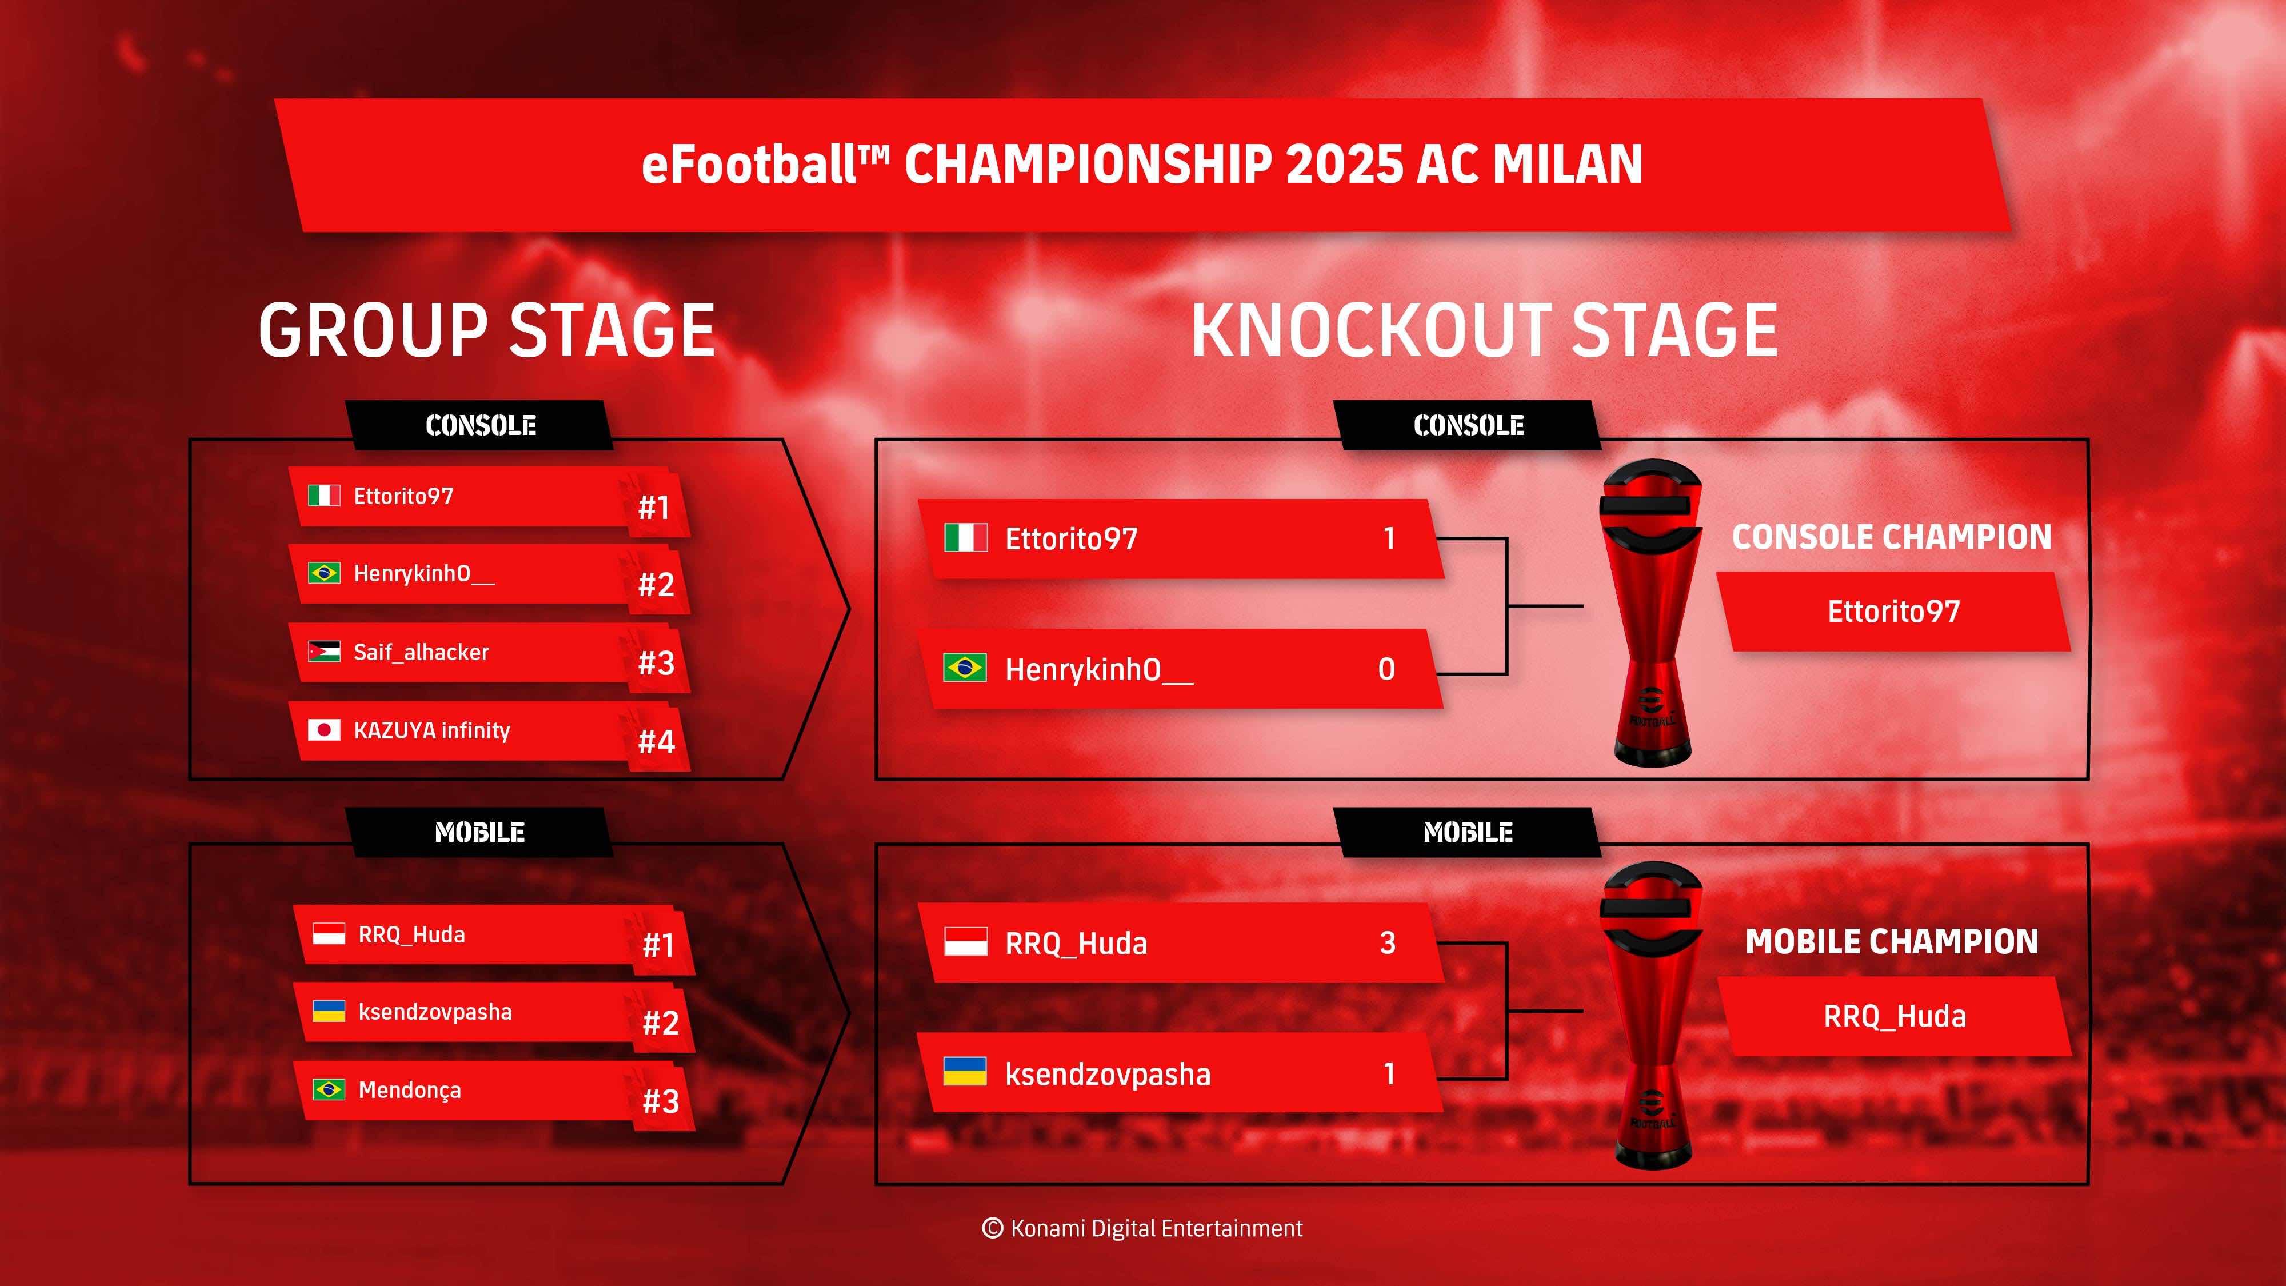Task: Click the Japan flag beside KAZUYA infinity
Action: coord(324,729)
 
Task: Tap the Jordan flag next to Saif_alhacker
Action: coord(324,652)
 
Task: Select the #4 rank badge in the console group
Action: coord(657,741)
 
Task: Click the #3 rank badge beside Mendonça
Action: coord(661,1100)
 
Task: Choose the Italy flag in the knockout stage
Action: coord(965,538)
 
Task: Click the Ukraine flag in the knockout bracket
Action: coord(965,1072)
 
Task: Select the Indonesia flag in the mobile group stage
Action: coord(329,934)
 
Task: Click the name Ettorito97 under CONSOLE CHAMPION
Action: coord(1894,612)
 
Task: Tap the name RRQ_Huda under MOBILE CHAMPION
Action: coord(1895,1016)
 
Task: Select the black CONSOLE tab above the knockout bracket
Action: coord(1469,425)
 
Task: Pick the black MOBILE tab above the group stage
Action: coord(479,833)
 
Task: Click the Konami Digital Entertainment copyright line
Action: coord(1142,1228)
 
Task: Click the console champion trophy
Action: coord(1652,612)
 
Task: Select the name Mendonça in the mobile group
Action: coord(410,1091)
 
